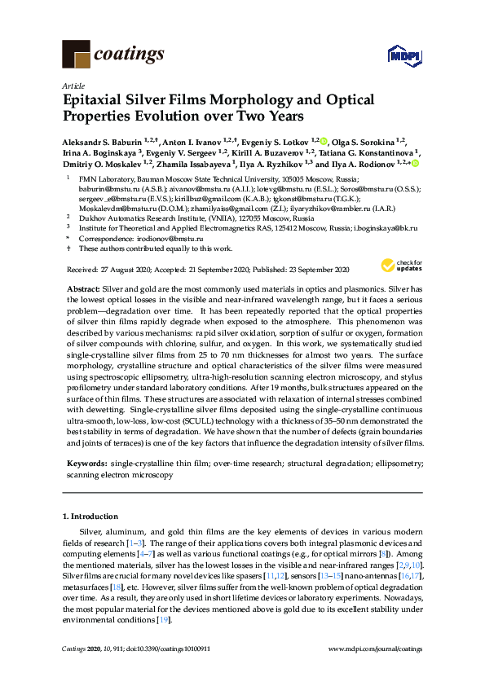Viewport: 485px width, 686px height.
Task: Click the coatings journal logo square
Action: click(x=77, y=55)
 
